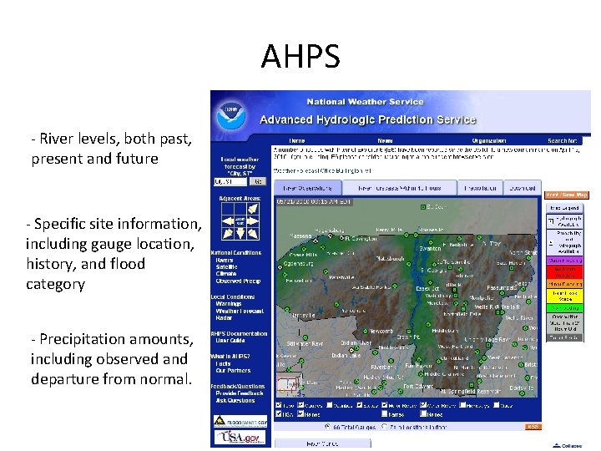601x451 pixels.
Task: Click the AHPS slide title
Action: (x=300, y=58)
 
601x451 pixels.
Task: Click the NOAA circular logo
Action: (x=230, y=116)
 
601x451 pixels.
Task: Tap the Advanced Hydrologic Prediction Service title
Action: (x=368, y=119)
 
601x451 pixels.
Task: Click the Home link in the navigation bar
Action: (x=296, y=140)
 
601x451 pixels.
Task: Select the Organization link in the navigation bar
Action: (x=488, y=140)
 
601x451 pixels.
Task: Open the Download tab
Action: (x=523, y=188)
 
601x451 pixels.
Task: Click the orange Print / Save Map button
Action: (x=567, y=195)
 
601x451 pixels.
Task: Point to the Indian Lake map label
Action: (x=344, y=355)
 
